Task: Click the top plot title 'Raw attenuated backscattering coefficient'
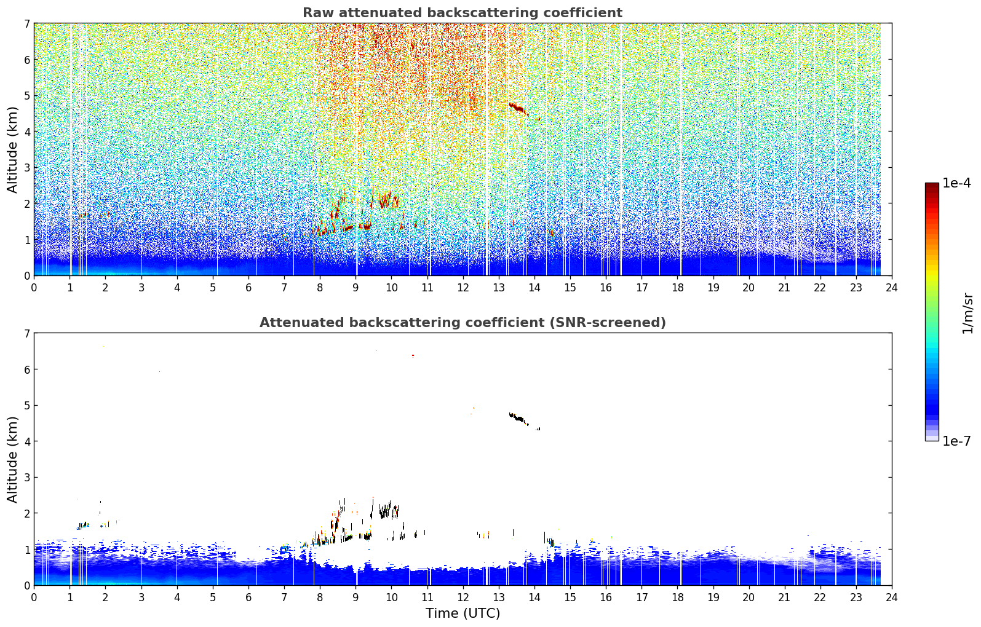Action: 463,13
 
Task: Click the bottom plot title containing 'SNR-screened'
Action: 463,322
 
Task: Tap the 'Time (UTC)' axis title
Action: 463,613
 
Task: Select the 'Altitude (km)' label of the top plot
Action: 12,149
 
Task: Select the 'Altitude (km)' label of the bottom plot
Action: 12,459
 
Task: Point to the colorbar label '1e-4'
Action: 956,183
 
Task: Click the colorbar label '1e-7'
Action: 956,441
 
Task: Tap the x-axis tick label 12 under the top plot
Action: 463,288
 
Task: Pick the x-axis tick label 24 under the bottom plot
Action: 892,597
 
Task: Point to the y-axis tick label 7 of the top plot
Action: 27,23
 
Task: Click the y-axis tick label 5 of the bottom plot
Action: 27,406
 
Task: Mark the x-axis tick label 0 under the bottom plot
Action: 34,597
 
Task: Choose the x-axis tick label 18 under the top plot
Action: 678,288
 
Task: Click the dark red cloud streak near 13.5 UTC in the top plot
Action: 518,108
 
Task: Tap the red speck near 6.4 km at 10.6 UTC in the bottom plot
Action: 413,355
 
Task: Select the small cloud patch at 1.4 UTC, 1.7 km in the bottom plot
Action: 83,525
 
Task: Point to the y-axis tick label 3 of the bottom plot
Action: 27,477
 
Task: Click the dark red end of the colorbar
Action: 932,186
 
